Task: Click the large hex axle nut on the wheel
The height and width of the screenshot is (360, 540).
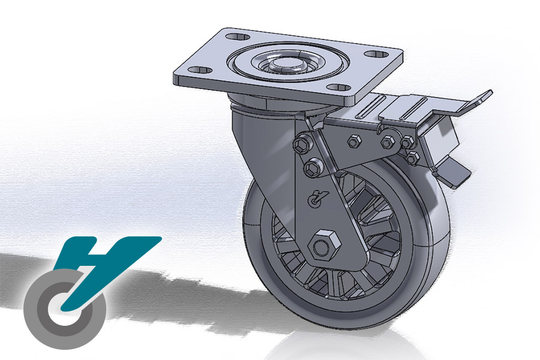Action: pyautogui.click(x=324, y=245)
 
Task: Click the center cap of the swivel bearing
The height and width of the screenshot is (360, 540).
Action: pyautogui.click(x=284, y=61)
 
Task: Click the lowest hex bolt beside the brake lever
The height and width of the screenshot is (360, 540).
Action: pyautogui.click(x=413, y=157)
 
